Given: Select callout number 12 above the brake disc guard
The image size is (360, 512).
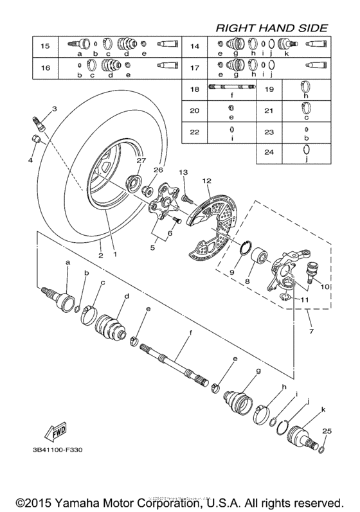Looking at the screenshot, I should point(206,182).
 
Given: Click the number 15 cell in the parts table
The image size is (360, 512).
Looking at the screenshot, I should point(46,46).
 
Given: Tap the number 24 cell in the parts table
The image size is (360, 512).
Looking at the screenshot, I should point(270,152).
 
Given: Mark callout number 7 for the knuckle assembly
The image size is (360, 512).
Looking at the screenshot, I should point(312,331).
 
